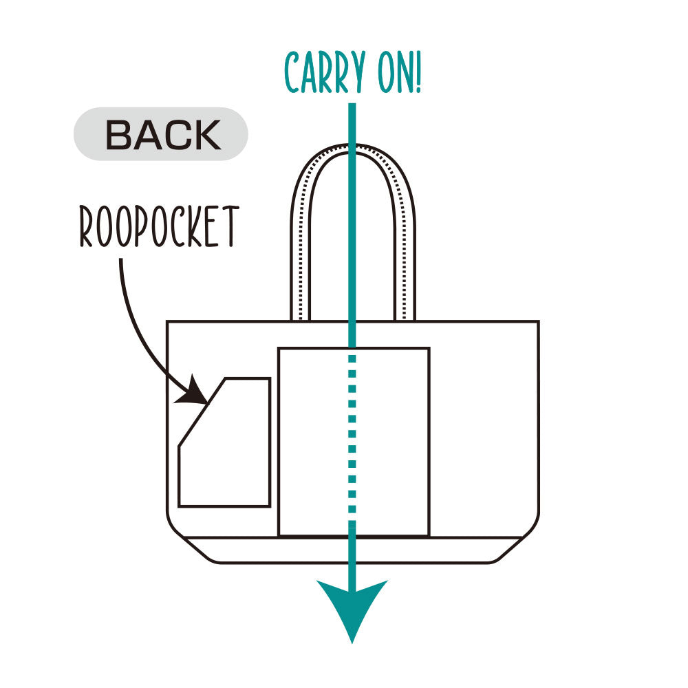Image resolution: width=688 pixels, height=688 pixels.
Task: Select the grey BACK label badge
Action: tap(161, 134)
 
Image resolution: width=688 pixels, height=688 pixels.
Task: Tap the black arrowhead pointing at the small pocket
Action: tap(195, 392)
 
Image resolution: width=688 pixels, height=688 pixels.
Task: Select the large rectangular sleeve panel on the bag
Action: tap(316, 440)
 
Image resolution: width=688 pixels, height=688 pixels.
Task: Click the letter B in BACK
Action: tap(118, 135)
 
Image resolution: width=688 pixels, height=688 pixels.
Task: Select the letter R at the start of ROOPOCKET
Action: tap(87, 227)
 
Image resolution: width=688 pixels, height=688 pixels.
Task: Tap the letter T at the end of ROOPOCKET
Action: tap(230, 226)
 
